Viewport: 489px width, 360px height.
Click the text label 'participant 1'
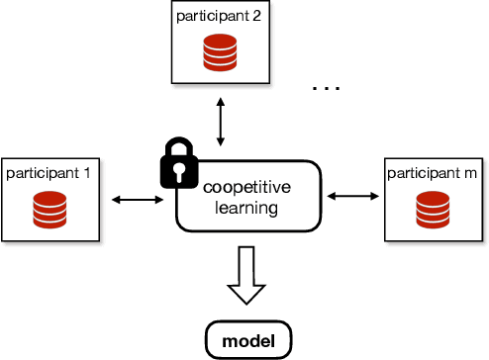(x=49, y=173)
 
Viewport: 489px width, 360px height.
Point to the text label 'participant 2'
(x=221, y=17)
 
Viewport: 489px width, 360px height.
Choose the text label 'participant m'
(x=432, y=173)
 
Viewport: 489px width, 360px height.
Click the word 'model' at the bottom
(x=249, y=341)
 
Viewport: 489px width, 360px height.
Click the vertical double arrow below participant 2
(x=221, y=121)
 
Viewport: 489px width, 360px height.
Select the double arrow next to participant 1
(x=138, y=200)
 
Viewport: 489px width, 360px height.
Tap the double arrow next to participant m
(x=353, y=198)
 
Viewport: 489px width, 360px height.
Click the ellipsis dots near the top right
(x=326, y=89)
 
